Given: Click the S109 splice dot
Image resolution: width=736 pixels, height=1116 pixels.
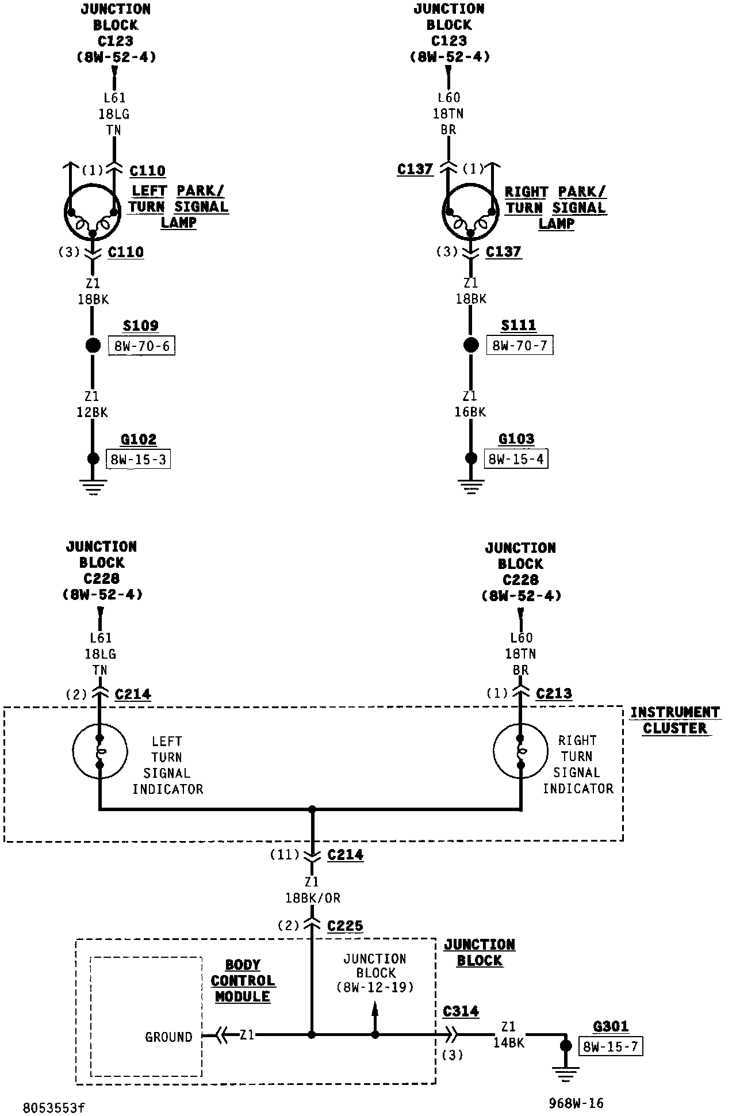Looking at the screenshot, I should [93, 346].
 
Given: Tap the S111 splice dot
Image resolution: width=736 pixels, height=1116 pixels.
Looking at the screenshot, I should [471, 345].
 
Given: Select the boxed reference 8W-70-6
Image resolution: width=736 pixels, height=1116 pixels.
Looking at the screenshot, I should [141, 346].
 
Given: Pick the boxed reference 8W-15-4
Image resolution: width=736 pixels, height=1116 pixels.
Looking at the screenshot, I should [516, 459].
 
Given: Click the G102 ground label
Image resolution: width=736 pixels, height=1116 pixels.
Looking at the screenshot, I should [139, 439].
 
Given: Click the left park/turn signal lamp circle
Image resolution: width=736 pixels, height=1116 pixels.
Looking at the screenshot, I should [92, 212].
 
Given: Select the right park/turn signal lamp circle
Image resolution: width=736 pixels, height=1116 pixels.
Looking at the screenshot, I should [470, 212].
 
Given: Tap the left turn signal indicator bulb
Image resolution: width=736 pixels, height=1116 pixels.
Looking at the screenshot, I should [99, 751].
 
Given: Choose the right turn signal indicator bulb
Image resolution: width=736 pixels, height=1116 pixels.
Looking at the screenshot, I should [520, 751].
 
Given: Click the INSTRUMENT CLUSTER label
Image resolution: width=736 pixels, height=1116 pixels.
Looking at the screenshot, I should [674, 720].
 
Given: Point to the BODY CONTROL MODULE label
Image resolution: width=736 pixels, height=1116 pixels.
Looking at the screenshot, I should [243, 981].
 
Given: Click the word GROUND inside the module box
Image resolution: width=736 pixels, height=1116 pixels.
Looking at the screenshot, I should [168, 1037].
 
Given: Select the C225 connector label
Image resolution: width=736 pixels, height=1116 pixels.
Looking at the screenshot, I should [345, 926].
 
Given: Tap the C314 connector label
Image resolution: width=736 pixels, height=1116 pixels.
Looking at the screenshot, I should [461, 1011].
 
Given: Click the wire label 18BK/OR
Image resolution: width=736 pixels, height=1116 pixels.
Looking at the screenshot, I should [312, 897].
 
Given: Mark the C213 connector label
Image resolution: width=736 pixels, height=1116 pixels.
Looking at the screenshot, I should [554, 694].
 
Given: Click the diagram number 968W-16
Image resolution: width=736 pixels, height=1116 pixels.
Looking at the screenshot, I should [576, 1103].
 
